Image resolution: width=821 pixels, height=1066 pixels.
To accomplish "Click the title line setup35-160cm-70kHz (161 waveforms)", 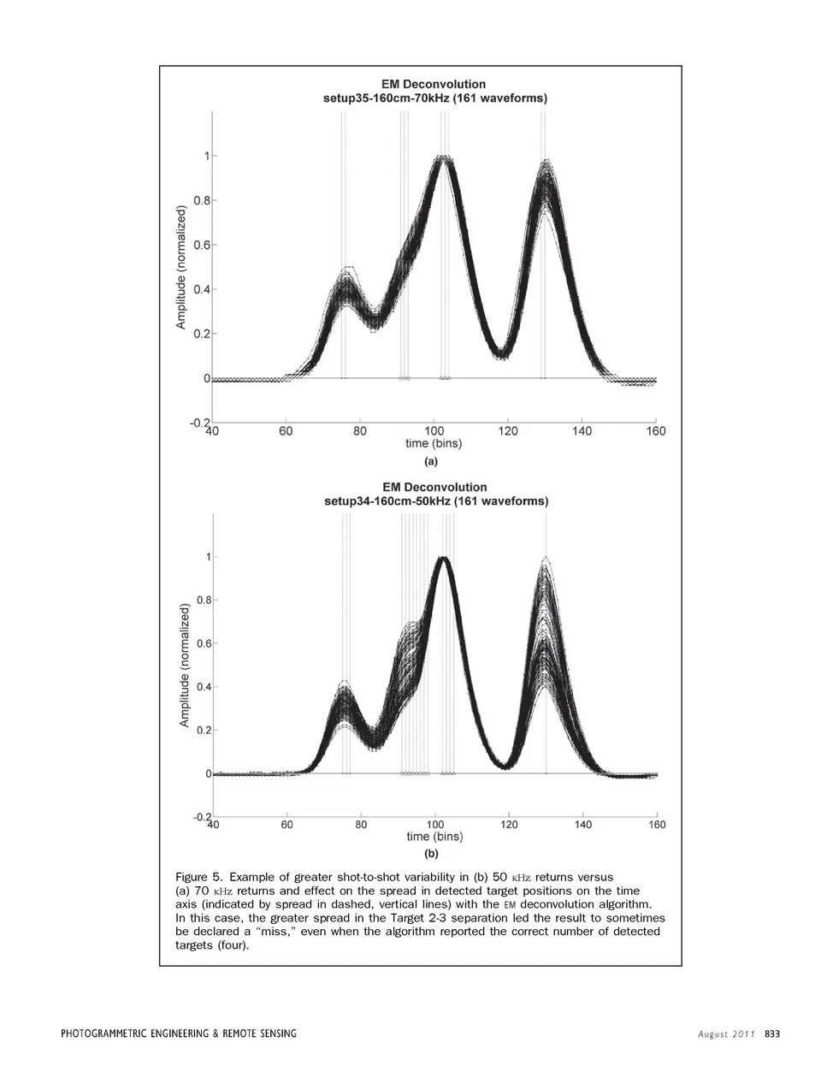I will [434, 98].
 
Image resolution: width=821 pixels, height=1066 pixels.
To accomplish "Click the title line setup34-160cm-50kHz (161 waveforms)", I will [436, 501].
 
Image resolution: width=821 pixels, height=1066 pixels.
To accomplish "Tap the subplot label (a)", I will [431, 460].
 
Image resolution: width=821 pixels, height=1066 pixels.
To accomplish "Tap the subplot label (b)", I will [431, 853].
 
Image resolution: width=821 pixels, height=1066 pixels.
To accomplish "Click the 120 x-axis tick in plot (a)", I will [508, 431].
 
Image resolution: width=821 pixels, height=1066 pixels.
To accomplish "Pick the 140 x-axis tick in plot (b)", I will [582, 825].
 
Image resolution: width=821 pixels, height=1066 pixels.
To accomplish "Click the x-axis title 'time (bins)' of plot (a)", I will [433, 444].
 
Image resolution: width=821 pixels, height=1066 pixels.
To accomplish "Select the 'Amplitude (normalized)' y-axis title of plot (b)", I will [184, 666].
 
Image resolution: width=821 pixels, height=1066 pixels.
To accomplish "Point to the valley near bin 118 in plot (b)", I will [507, 766].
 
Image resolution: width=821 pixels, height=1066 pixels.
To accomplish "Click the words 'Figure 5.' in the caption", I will [198, 877].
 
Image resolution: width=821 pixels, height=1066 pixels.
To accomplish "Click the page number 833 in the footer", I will [772, 1033].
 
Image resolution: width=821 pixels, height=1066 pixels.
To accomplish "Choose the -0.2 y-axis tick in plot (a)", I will [199, 423].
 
